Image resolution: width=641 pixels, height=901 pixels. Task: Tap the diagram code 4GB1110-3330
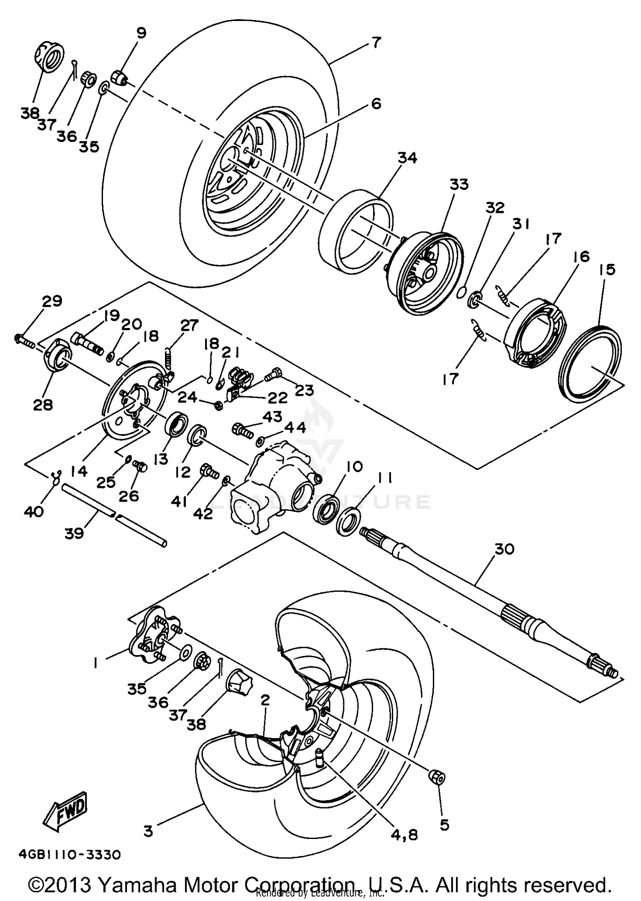click(70, 854)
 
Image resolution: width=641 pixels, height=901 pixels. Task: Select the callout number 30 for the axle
click(504, 549)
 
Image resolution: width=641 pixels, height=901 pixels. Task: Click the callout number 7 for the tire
click(376, 42)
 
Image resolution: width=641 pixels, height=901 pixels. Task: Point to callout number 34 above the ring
click(407, 158)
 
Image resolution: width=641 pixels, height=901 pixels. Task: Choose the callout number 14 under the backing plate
click(79, 471)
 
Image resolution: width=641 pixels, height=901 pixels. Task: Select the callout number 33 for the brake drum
click(459, 185)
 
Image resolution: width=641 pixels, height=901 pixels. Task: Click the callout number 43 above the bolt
click(273, 416)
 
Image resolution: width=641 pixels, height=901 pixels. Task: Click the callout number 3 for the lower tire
click(148, 831)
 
